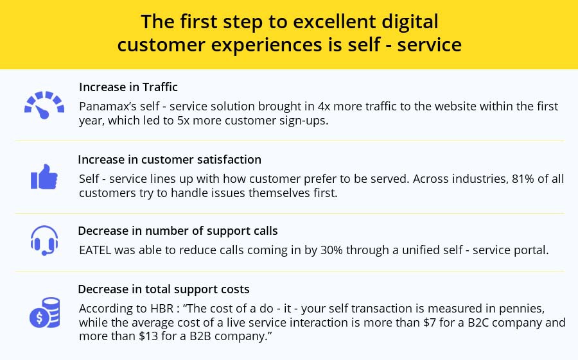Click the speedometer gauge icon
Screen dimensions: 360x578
coord(44,104)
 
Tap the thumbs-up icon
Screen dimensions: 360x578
coord(44,176)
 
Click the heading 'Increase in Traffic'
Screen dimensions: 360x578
coord(128,87)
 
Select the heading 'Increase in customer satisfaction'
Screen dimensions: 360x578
coord(170,159)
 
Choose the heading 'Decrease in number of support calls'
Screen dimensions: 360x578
coord(178,230)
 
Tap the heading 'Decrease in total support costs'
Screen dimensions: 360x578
coord(164,289)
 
